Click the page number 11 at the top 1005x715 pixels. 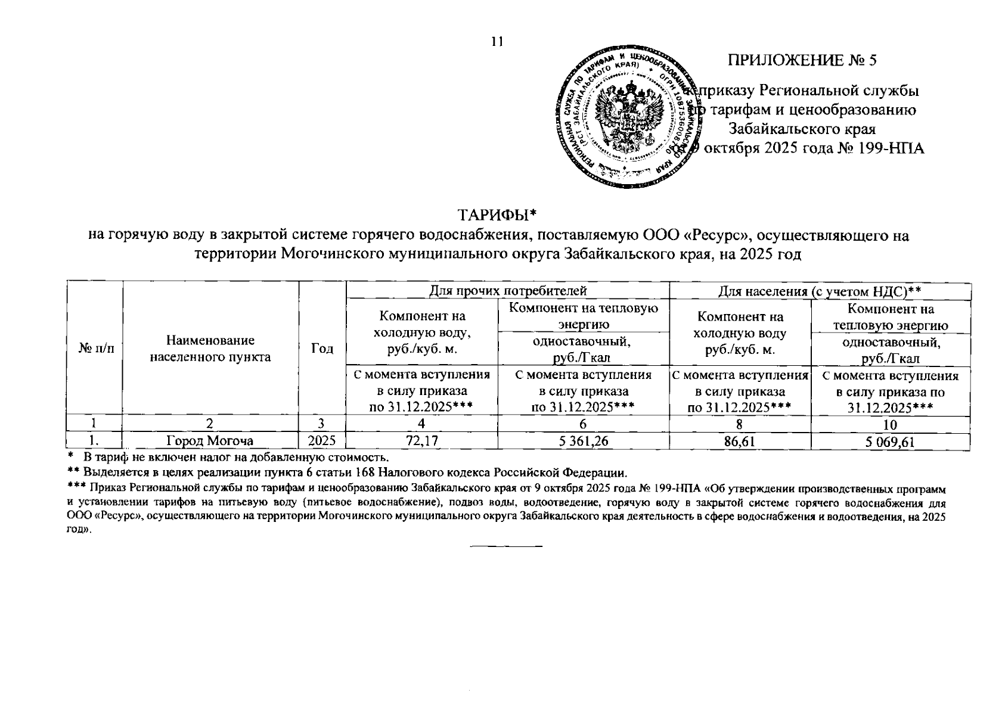pyautogui.click(x=497, y=41)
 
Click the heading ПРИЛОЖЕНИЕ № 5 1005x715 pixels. pyautogui.click(x=802, y=60)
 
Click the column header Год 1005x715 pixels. pyautogui.click(x=322, y=349)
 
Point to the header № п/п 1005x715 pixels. pyautogui.click(x=94, y=349)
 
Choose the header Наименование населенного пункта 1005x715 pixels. pyautogui.click(x=210, y=349)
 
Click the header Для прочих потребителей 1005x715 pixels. pyautogui.click(x=507, y=290)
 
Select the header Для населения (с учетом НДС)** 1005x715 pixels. pyautogui.click(x=820, y=291)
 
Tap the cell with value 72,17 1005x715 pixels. pyautogui.click(x=421, y=442)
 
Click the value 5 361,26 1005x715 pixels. pyautogui.click(x=583, y=442)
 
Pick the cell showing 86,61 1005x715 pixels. pyautogui.click(x=740, y=442)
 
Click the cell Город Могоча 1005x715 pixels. pyautogui.click(x=210, y=442)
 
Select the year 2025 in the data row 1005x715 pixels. pyautogui.click(x=322, y=442)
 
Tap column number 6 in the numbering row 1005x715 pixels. pyautogui.click(x=583, y=425)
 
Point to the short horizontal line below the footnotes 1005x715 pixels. pyautogui.click(x=507, y=546)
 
